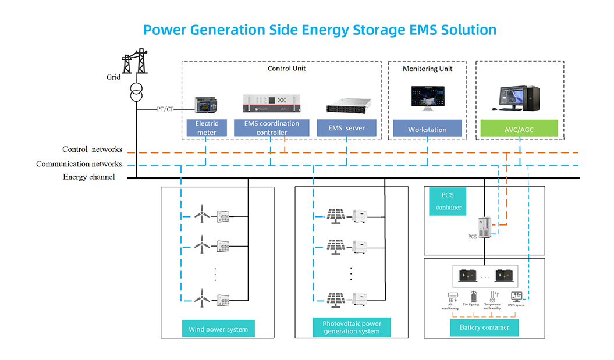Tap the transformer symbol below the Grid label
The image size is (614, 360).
pyautogui.click(x=136, y=92)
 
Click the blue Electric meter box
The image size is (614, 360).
pyautogui.click(x=207, y=128)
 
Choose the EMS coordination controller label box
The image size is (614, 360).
pyautogui.click(x=271, y=128)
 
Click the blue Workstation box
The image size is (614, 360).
pyautogui.click(x=427, y=129)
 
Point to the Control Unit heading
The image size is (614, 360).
pyautogui.click(x=286, y=69)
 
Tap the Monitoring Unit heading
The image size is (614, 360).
pyautogui.click(x=427, y=69)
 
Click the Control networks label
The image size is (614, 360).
pyautogui.click(x=93, y=150)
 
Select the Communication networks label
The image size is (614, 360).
pyautogui.click(x=79, y=164)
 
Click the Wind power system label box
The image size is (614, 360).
pyautogui.click(x=218, y=329)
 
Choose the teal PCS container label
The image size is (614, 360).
pyautogui.click(x=448, y=201)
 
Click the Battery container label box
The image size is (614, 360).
pyautogui.click(x=484, y=327)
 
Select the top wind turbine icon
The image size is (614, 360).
pyautogui.click(x=201, y=216)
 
